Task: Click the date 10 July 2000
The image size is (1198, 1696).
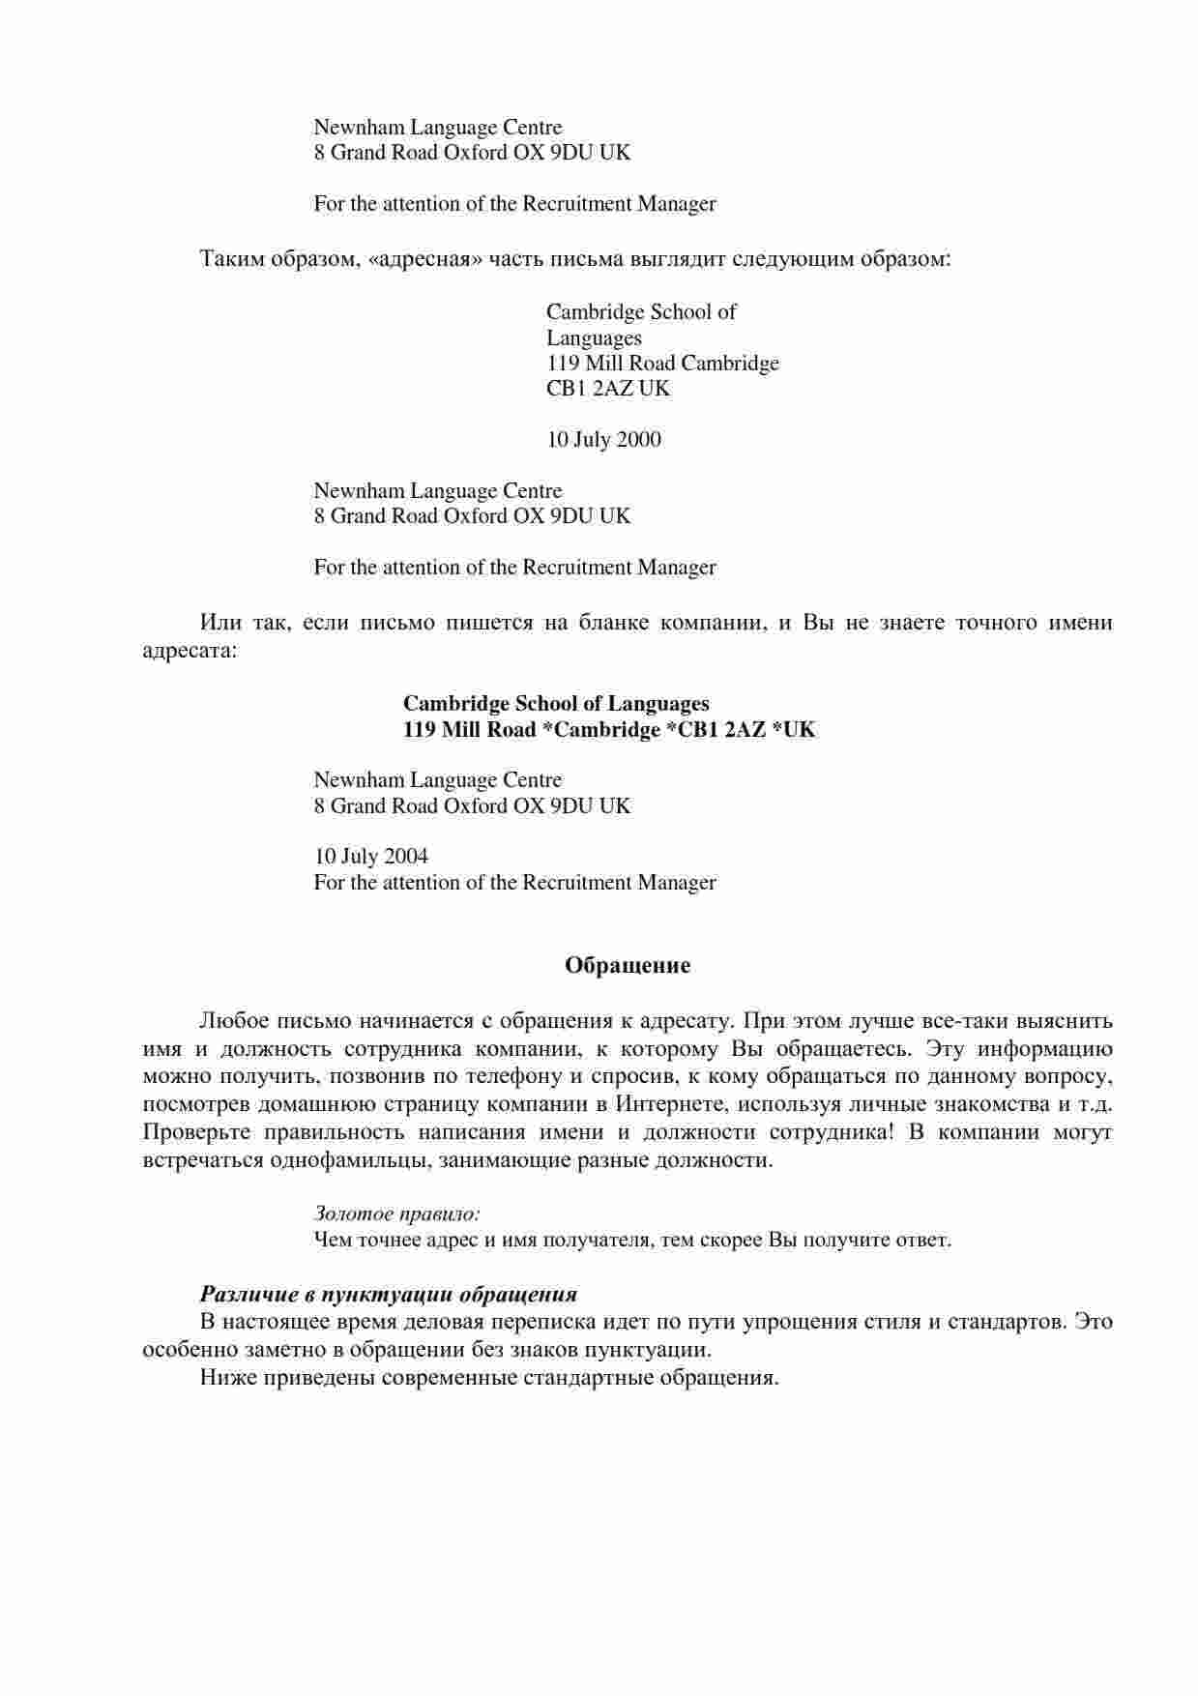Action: (603, 440)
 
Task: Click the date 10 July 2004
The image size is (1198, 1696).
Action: (370, 857)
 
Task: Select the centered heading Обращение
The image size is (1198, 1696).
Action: (628, 965)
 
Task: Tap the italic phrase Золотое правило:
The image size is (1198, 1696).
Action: (397, 1214)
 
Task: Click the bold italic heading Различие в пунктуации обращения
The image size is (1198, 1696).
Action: (389, 1294)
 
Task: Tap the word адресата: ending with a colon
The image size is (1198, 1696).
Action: (190, 651)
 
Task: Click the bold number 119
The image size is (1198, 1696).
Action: (420, 730)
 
